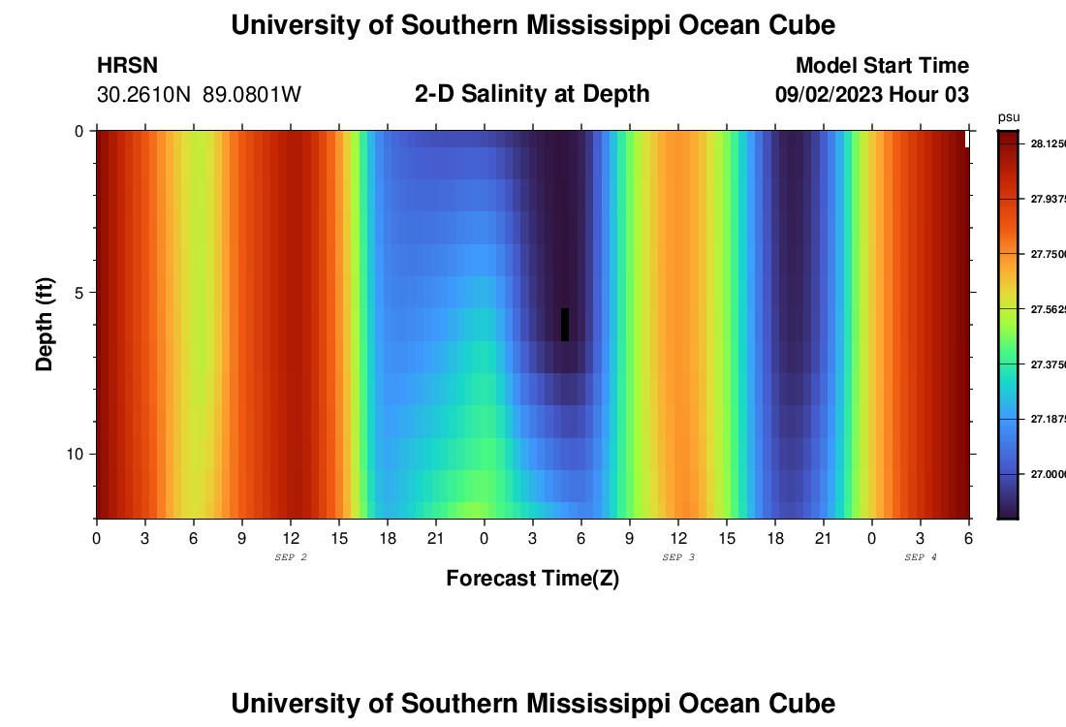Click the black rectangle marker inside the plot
coord(565,325)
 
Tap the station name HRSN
coord(127,66)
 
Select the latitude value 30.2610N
coord(144,95)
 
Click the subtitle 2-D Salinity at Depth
coord(532,94)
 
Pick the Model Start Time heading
coord(882,66)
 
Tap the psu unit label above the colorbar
coord(1008,117)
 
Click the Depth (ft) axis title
coord(45,325)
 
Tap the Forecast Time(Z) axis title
coord(532,579)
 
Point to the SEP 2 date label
coord(291,557)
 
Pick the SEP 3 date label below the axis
coord(678,557)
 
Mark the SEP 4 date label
coord(921,557)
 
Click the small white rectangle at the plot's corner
coord(966,139)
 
